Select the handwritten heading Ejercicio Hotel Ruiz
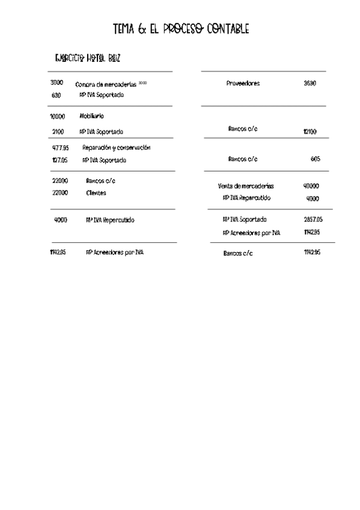[x=88, y=58]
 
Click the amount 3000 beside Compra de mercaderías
[x=57, y=83]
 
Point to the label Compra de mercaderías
[x=106, y=84]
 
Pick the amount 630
[x=56, y=95]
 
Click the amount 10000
[x=57, y=116]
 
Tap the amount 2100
[x=58, y=131]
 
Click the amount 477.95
[x=60, y=147]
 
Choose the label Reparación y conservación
[x=116, y=147]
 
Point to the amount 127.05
[x=59, y=161]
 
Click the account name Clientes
[x=96, y=193]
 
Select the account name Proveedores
[x=243, y=84]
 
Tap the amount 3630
[x=310, y=84]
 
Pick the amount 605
[x=316, y=159]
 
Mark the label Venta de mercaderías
[x=245, y=186]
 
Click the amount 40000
[x=311, y=186]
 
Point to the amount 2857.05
[x=313, y=220]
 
